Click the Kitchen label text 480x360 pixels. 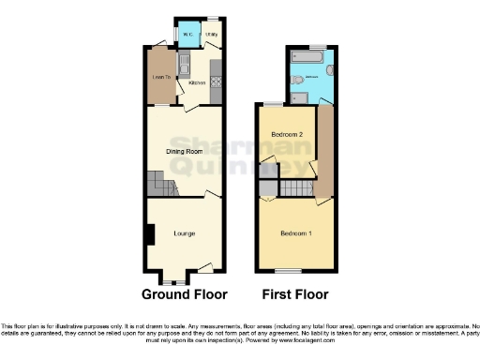tap(197, 83)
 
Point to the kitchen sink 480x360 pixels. tap(186, 65)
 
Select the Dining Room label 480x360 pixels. tap(185, 151)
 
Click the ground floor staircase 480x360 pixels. tap(156, 184)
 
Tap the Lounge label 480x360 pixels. tap(184, 232)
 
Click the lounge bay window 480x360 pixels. tap(172, 278)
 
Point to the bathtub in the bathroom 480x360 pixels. tap(307, 58)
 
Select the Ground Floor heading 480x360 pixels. tap(184, 293)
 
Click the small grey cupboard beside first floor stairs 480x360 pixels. tap(267, 189)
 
